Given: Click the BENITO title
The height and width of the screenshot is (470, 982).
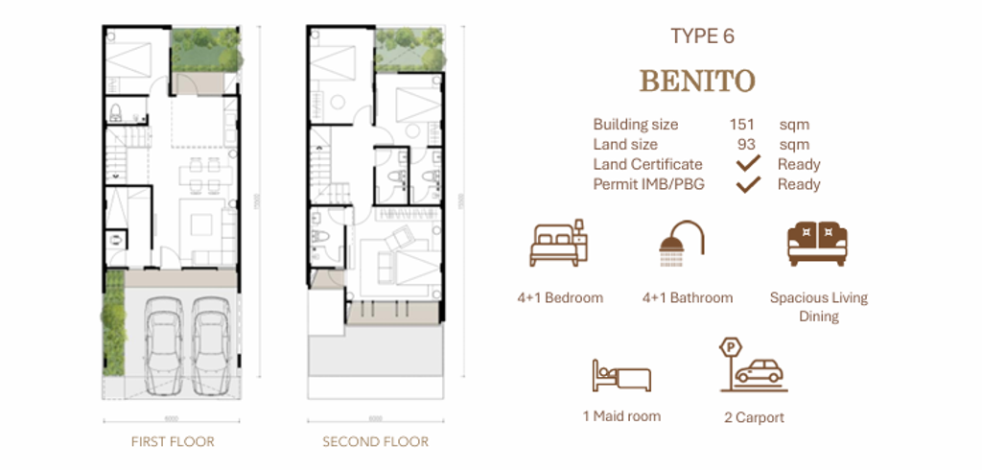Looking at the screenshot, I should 697,81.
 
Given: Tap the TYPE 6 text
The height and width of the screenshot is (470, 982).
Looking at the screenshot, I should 709,37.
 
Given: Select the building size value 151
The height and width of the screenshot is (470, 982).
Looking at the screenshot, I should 741,125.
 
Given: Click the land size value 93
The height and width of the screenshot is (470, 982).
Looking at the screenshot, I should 745,145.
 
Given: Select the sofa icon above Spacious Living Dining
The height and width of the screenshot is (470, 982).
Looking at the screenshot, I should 818,244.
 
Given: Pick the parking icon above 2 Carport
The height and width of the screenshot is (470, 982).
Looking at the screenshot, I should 753,364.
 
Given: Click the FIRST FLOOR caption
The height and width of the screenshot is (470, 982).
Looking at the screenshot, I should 173,442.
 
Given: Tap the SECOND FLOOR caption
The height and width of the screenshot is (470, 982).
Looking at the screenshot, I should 375,442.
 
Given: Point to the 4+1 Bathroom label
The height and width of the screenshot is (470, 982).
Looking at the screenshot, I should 687,298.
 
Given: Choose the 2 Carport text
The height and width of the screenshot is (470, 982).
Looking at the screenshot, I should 754,418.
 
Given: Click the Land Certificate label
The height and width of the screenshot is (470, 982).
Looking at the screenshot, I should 647,164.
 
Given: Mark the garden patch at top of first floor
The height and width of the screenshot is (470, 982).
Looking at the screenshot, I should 204,50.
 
